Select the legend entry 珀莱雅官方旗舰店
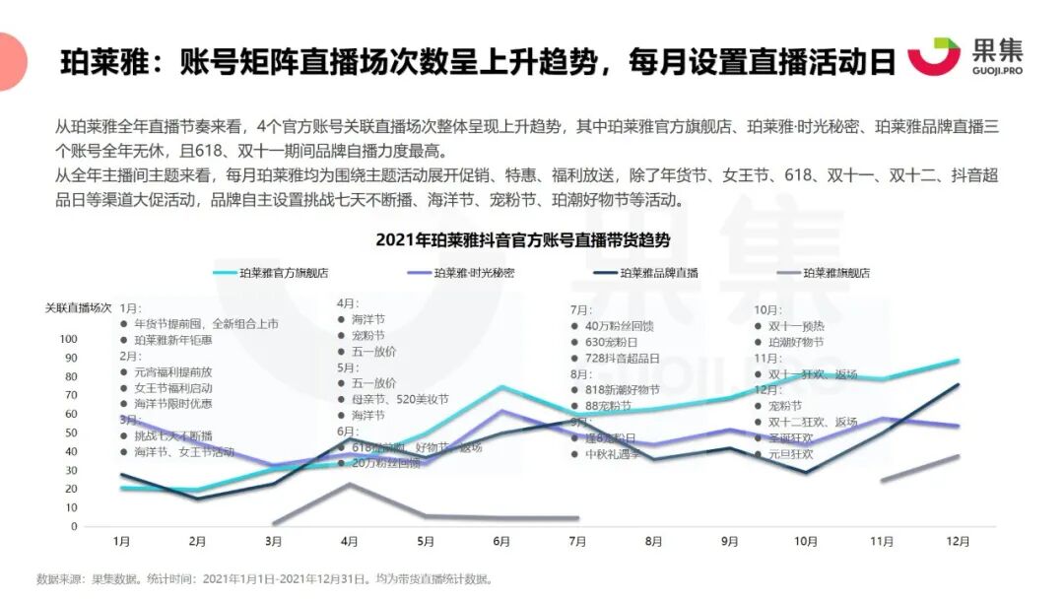coord(285,273)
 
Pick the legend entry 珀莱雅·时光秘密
coord(474,273)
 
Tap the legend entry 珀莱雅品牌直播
coord(658,273)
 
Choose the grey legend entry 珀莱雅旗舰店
coord(836,273)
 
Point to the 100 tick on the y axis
coord(68,339)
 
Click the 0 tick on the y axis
coord(72,526)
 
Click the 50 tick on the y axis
coord(70,433)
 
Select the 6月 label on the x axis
coord(501,542)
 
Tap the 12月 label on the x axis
coord(957,542)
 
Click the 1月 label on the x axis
coord(122,542)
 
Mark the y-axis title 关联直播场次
coord(79,306)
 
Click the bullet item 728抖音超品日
coord(622,358)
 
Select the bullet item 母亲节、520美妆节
coord(399,399)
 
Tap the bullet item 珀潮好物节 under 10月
coord(802,341)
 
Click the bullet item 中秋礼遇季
coord(612,454)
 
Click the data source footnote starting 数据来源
coord(264,579)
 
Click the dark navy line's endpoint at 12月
coord(959,385)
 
